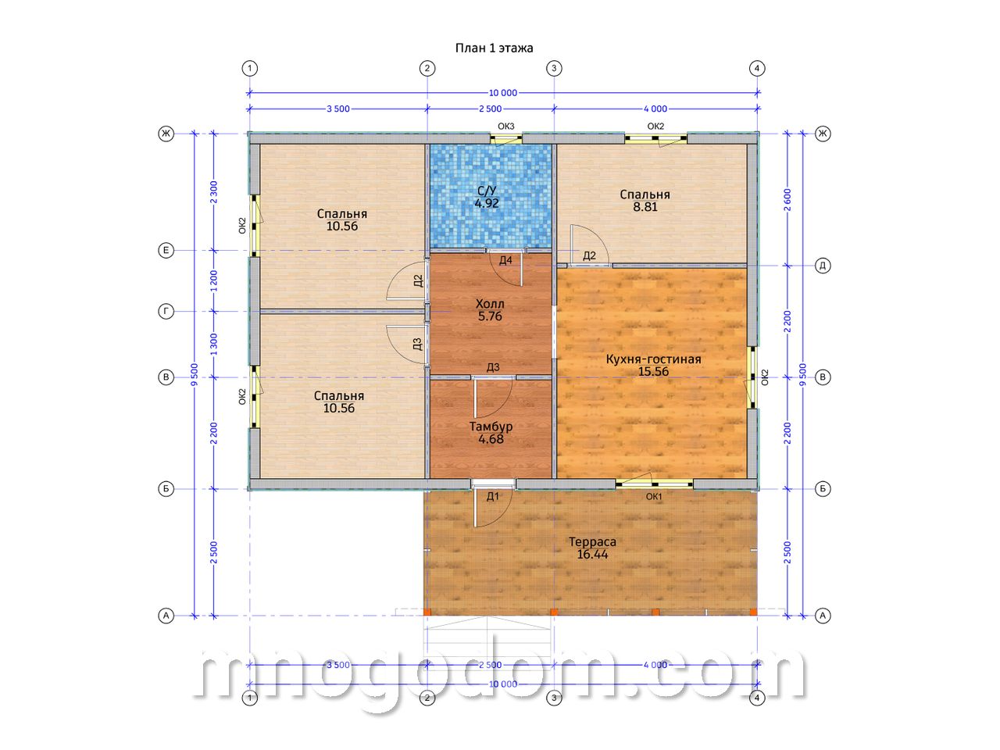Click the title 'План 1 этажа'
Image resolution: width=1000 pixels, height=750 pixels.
pyautogui.click(x=494, y=48)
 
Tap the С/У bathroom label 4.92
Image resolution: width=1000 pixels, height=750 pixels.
pyautogui.click(x=487, y=197)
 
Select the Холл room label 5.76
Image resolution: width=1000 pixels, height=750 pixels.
pyautogui.click(x=490, y=310)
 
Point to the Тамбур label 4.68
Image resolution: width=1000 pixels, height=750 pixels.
pyautogui.click(x=491, y=433)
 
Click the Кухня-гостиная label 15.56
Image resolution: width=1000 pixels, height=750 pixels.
pyautogui.click(x=653, y=365)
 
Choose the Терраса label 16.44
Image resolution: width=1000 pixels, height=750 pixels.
pyautogui.click(x=592, y=548)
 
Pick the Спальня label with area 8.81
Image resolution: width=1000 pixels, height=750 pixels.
pyautogui.click(x=645, y=200)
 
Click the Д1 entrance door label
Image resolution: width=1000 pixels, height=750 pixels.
pyautogui.click(x=492, y=497)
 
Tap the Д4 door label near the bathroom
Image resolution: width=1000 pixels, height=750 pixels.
pyautogui.click(x=505, y=260)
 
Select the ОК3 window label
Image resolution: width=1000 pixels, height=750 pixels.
pyautogui.click(x=505, y=126)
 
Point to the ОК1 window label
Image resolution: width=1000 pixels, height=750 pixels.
pyautogui.click(x=654, y=497)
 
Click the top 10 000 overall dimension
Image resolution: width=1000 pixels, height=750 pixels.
pyautogui.click(x=503, y=93)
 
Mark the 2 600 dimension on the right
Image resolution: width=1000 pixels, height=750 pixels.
pyautogui.click(x=787, y=200)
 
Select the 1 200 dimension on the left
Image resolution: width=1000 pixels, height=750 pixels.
pyautogui.click(x=213, y=281)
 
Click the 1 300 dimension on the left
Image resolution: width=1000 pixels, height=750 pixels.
pyautogui.click(x=213, y=345)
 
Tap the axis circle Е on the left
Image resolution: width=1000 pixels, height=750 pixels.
pyautogui.click(x=166, y=251)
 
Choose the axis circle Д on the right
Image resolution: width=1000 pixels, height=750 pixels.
pyautogui.click(x=823, y=266)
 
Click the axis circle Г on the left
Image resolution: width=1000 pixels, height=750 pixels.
pyautogui.click(x=166, y=312)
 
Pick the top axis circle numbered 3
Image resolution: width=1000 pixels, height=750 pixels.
pyautogui.click(x=554, y=69)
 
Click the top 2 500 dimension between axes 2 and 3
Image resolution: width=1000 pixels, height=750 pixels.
pyautogui.click(x=490, y=109)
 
